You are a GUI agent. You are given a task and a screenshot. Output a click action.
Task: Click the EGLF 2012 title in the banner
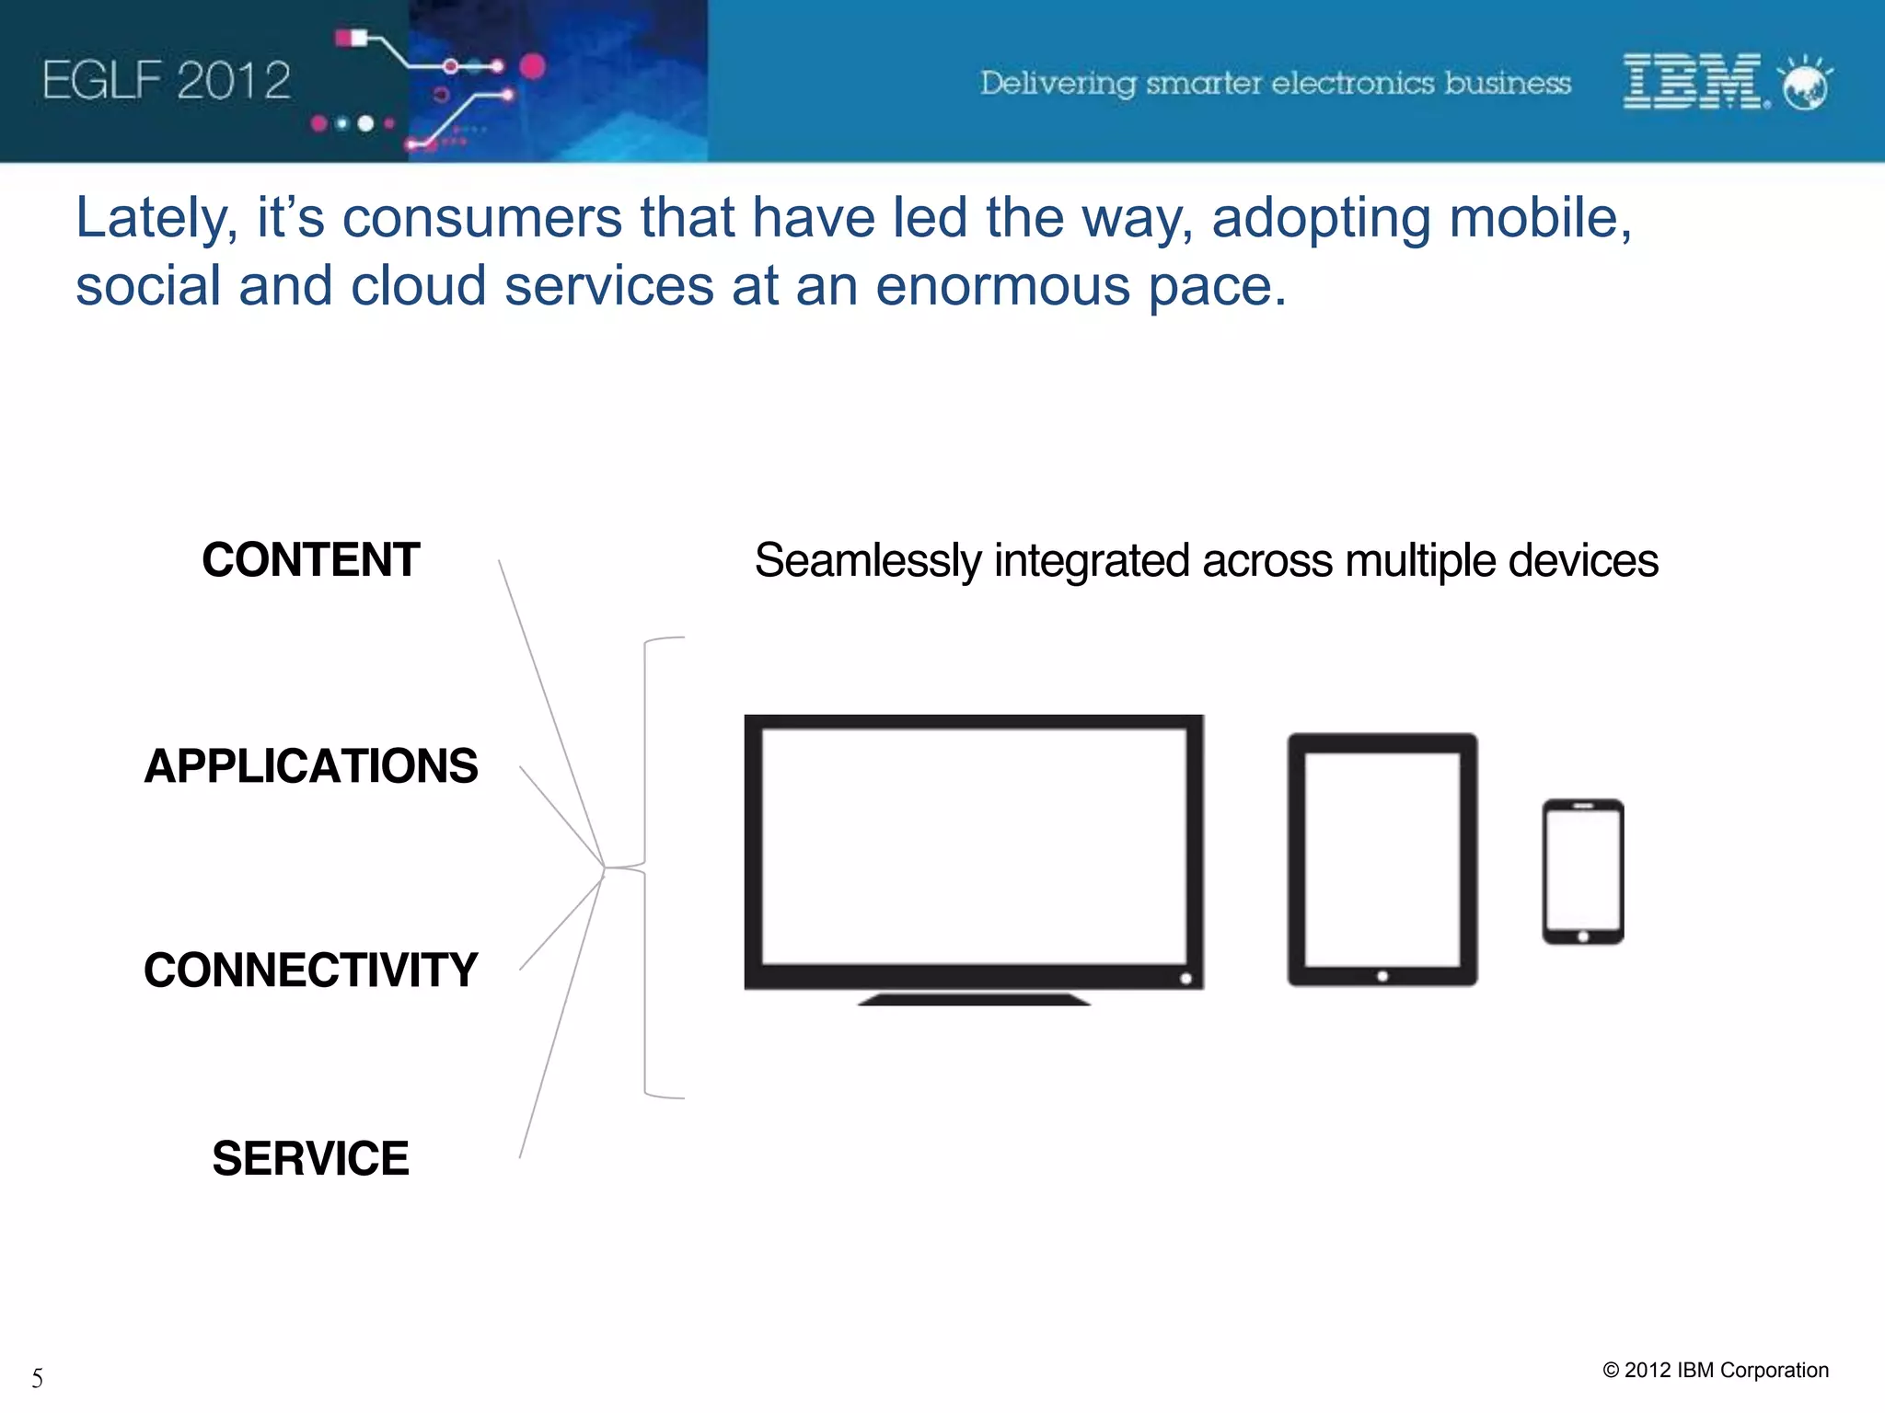(x=167, y=81)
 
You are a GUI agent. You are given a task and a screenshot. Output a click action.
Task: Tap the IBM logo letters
(x=1692, y=82)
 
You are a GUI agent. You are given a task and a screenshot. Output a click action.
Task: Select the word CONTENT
(x=310, y=560)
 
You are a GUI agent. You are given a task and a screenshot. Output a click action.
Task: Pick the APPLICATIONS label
(x=310, y=766)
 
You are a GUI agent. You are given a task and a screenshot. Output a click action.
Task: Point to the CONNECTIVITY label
(x=310, y=971)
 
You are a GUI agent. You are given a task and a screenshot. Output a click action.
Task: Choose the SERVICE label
(x=310, y=1158)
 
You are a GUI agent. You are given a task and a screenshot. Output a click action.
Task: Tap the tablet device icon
(x=1382, y=859)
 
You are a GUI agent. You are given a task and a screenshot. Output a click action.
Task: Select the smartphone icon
(x=1582, y=871)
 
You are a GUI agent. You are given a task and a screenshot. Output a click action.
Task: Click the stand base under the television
(x=974, y=999)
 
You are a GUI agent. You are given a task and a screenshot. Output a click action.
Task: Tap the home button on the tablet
(x=1382, y=976)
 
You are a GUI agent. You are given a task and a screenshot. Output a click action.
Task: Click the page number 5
(x=37, y=1378)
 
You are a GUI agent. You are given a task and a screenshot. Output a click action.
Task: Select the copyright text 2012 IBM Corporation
(x=1716, y=1370)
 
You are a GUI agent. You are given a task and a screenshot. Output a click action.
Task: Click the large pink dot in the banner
(x=533, y=66)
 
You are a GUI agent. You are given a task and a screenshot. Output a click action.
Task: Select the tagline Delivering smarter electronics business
(x=1275, y=84)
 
